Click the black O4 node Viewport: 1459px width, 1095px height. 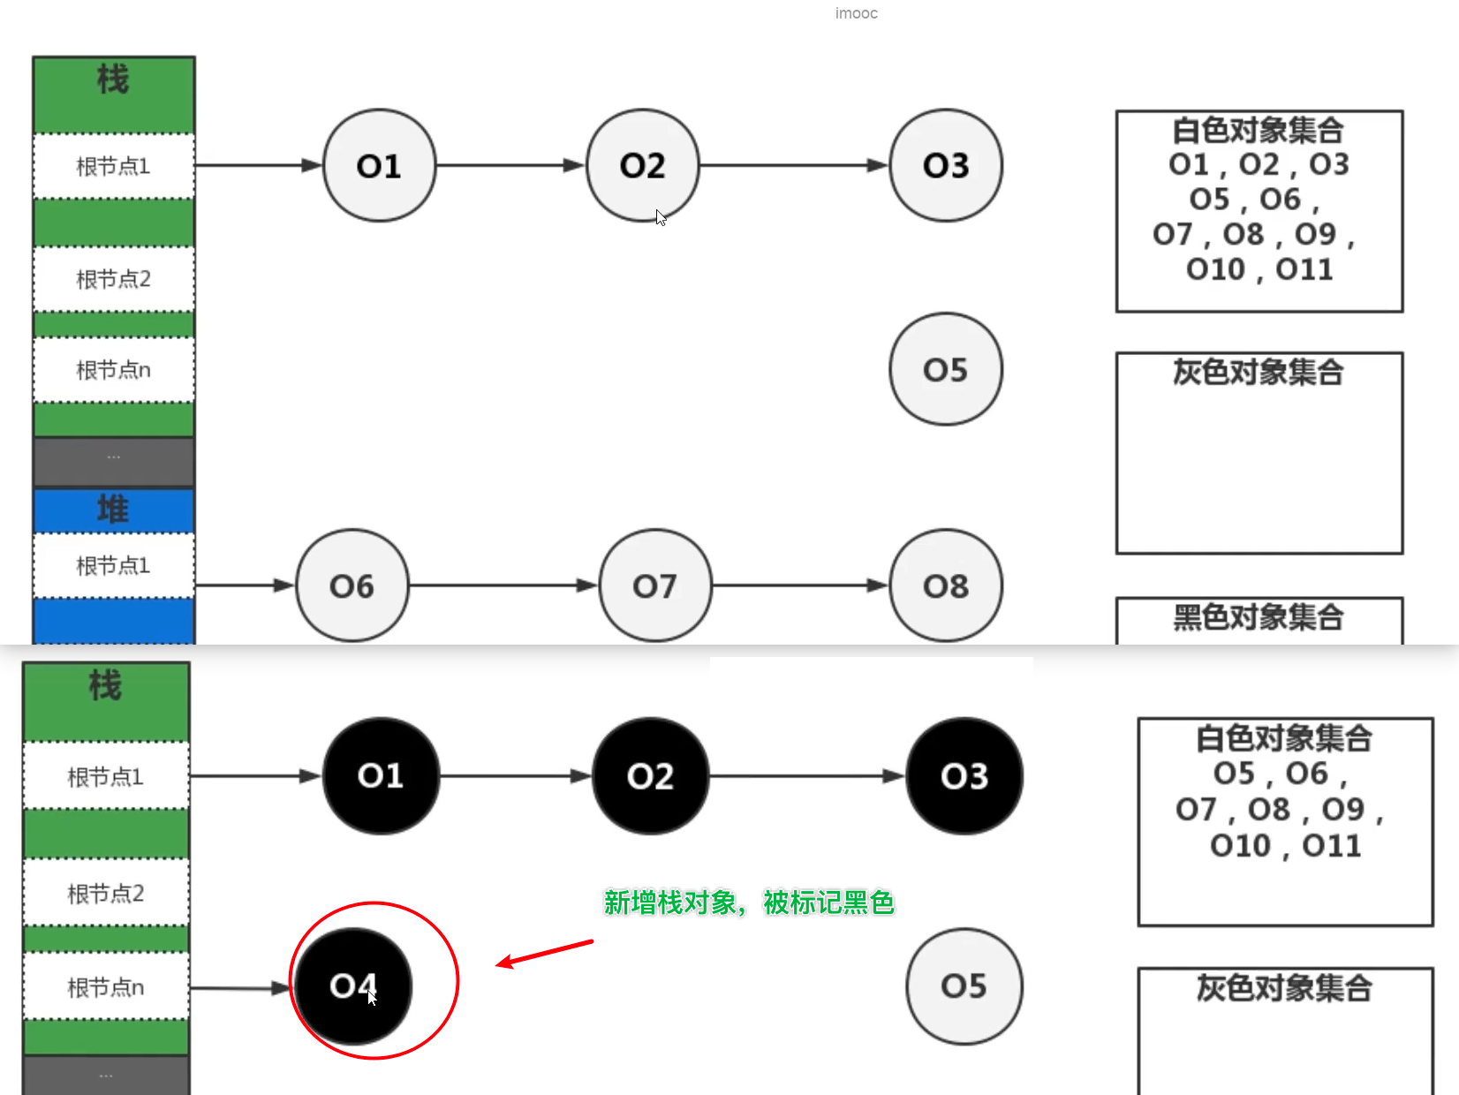pyautogui.click(x=353, y=985)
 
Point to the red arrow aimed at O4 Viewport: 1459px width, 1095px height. pyautogui.click(x=544, y=954)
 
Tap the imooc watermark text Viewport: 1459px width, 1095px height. pyautogui.click(x=856, y=13)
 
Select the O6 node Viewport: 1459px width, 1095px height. pyautogui.click(x=352, y=585)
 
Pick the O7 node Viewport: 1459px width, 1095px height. pyautogui.click(x=654, y=585)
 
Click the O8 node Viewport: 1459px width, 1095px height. pyautogui.click(x=945, y=585)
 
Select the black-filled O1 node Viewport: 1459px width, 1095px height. pyautogui.click(x=381, y=775)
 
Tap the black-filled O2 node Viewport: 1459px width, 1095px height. pyautogui.click(x=650, y=775)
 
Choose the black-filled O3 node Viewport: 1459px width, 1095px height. pyautogui.click(x=964, y=775)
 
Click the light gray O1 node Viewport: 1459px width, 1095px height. pyautogui.click(x=379, y=165)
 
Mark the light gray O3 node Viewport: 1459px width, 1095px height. pyautogui.click(x=945, y=165)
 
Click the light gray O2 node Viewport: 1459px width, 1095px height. pyautogui.click(x=642, y=165)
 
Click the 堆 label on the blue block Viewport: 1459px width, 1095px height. pyautogui.click(x=113, y=510)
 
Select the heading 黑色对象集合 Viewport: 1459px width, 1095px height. pyautogui.click(x=1259, y=616)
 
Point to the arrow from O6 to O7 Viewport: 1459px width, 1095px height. pyautogui.click(x=503, y=585)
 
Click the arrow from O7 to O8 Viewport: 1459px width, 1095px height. pyautogui.click(x=799, y=585)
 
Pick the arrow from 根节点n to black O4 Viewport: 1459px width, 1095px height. pyautogui.click(x=240, y=987)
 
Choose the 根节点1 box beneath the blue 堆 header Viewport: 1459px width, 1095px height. pyautogui.click(x=113, y=565)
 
